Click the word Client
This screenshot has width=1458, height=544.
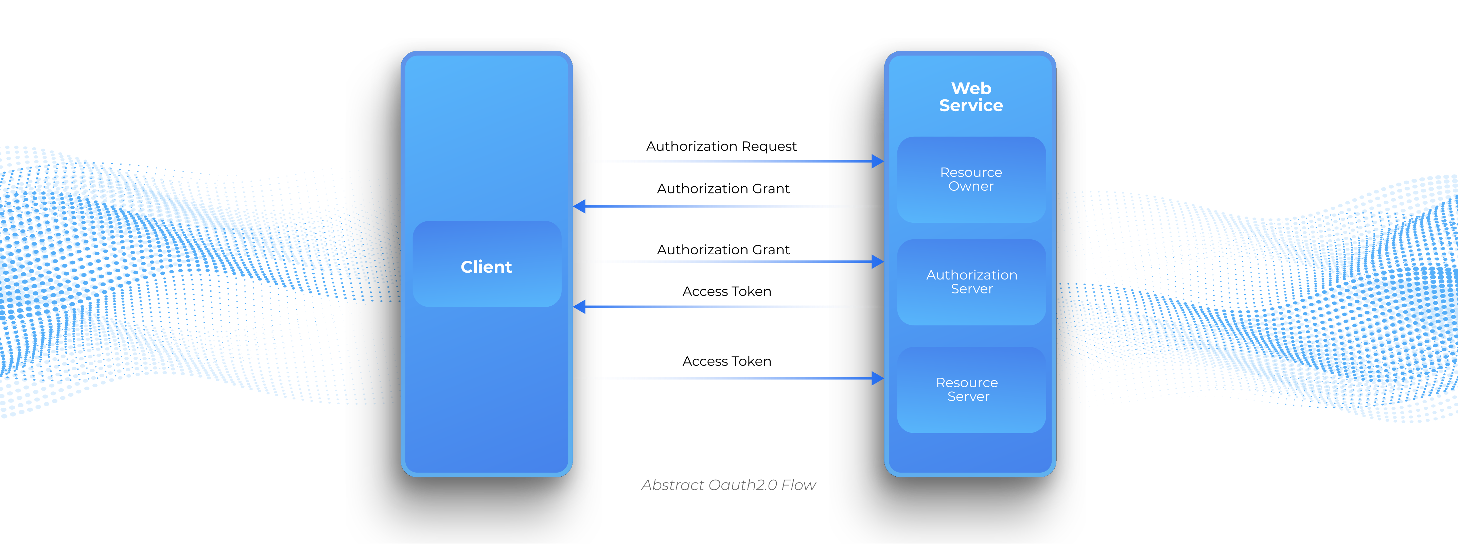486,267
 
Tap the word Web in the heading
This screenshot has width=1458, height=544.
971,88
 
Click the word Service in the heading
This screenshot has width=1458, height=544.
971,105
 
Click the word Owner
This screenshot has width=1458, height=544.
971,186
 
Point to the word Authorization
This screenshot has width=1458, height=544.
971,275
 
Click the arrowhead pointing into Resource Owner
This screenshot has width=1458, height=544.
877,161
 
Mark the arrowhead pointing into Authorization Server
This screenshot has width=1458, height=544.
877,261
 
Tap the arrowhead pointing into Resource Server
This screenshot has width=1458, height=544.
877,378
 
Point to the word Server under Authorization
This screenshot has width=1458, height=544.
971,289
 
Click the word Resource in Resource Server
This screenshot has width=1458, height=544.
967,382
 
